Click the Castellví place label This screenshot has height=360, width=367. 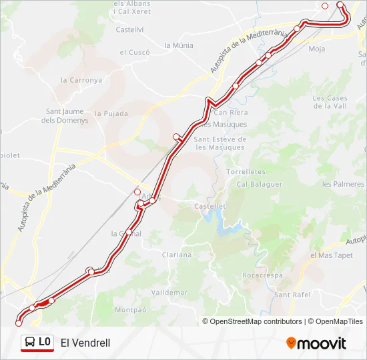[130, 29]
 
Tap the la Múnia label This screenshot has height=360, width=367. [179, 45]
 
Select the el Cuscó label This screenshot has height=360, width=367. [135, 52]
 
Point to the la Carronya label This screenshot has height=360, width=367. [81, 79]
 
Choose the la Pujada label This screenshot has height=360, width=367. [111, 114]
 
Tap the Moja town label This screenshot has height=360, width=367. [317, 49]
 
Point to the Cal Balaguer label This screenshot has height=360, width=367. [260, 184]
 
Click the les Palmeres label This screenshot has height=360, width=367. [343, 184]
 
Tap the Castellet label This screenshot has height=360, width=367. [209, 207]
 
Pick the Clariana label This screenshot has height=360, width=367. [177, 255]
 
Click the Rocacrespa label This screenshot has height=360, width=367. [263, 275]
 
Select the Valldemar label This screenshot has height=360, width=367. [169, 292]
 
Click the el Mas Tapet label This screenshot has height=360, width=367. [332, 255]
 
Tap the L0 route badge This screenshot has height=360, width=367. [37, 342]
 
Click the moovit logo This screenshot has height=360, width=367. [316, 343]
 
